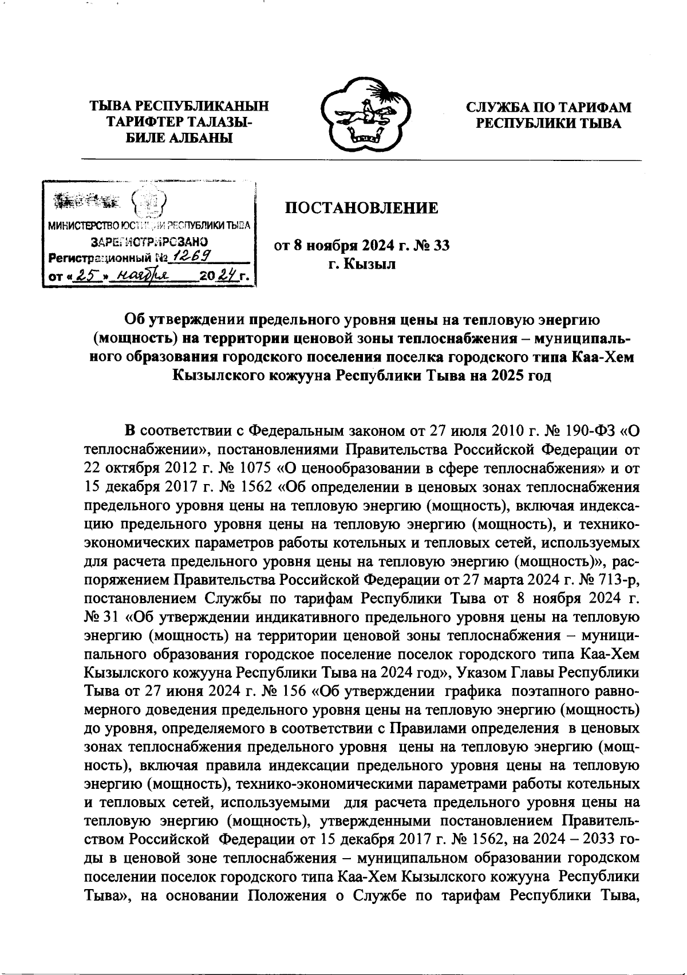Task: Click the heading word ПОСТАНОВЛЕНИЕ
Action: (362, 208)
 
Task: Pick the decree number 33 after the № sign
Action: (441, 246)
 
